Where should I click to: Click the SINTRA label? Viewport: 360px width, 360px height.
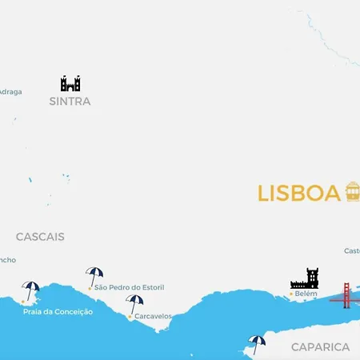70,102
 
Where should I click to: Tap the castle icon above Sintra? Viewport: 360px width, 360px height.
70,83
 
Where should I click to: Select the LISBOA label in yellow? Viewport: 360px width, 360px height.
298,194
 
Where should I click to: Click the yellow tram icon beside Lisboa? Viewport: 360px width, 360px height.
352,192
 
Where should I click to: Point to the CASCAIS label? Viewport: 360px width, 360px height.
40,237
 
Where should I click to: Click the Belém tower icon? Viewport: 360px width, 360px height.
304,279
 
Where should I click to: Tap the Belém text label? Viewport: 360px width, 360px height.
306,294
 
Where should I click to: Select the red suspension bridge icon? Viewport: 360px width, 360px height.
346,295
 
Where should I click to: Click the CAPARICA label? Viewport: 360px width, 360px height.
320,347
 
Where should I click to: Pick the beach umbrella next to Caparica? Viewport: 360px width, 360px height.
256,343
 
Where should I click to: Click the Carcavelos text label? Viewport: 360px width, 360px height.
153,316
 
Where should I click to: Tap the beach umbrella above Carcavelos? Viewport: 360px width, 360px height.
134,303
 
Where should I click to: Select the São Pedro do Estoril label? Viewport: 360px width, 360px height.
126,287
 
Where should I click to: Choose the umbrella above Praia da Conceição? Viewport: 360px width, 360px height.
30,290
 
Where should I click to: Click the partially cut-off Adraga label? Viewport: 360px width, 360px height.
10,91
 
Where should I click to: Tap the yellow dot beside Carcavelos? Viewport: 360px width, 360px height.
130,317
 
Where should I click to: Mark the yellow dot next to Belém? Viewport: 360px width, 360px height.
290,294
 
